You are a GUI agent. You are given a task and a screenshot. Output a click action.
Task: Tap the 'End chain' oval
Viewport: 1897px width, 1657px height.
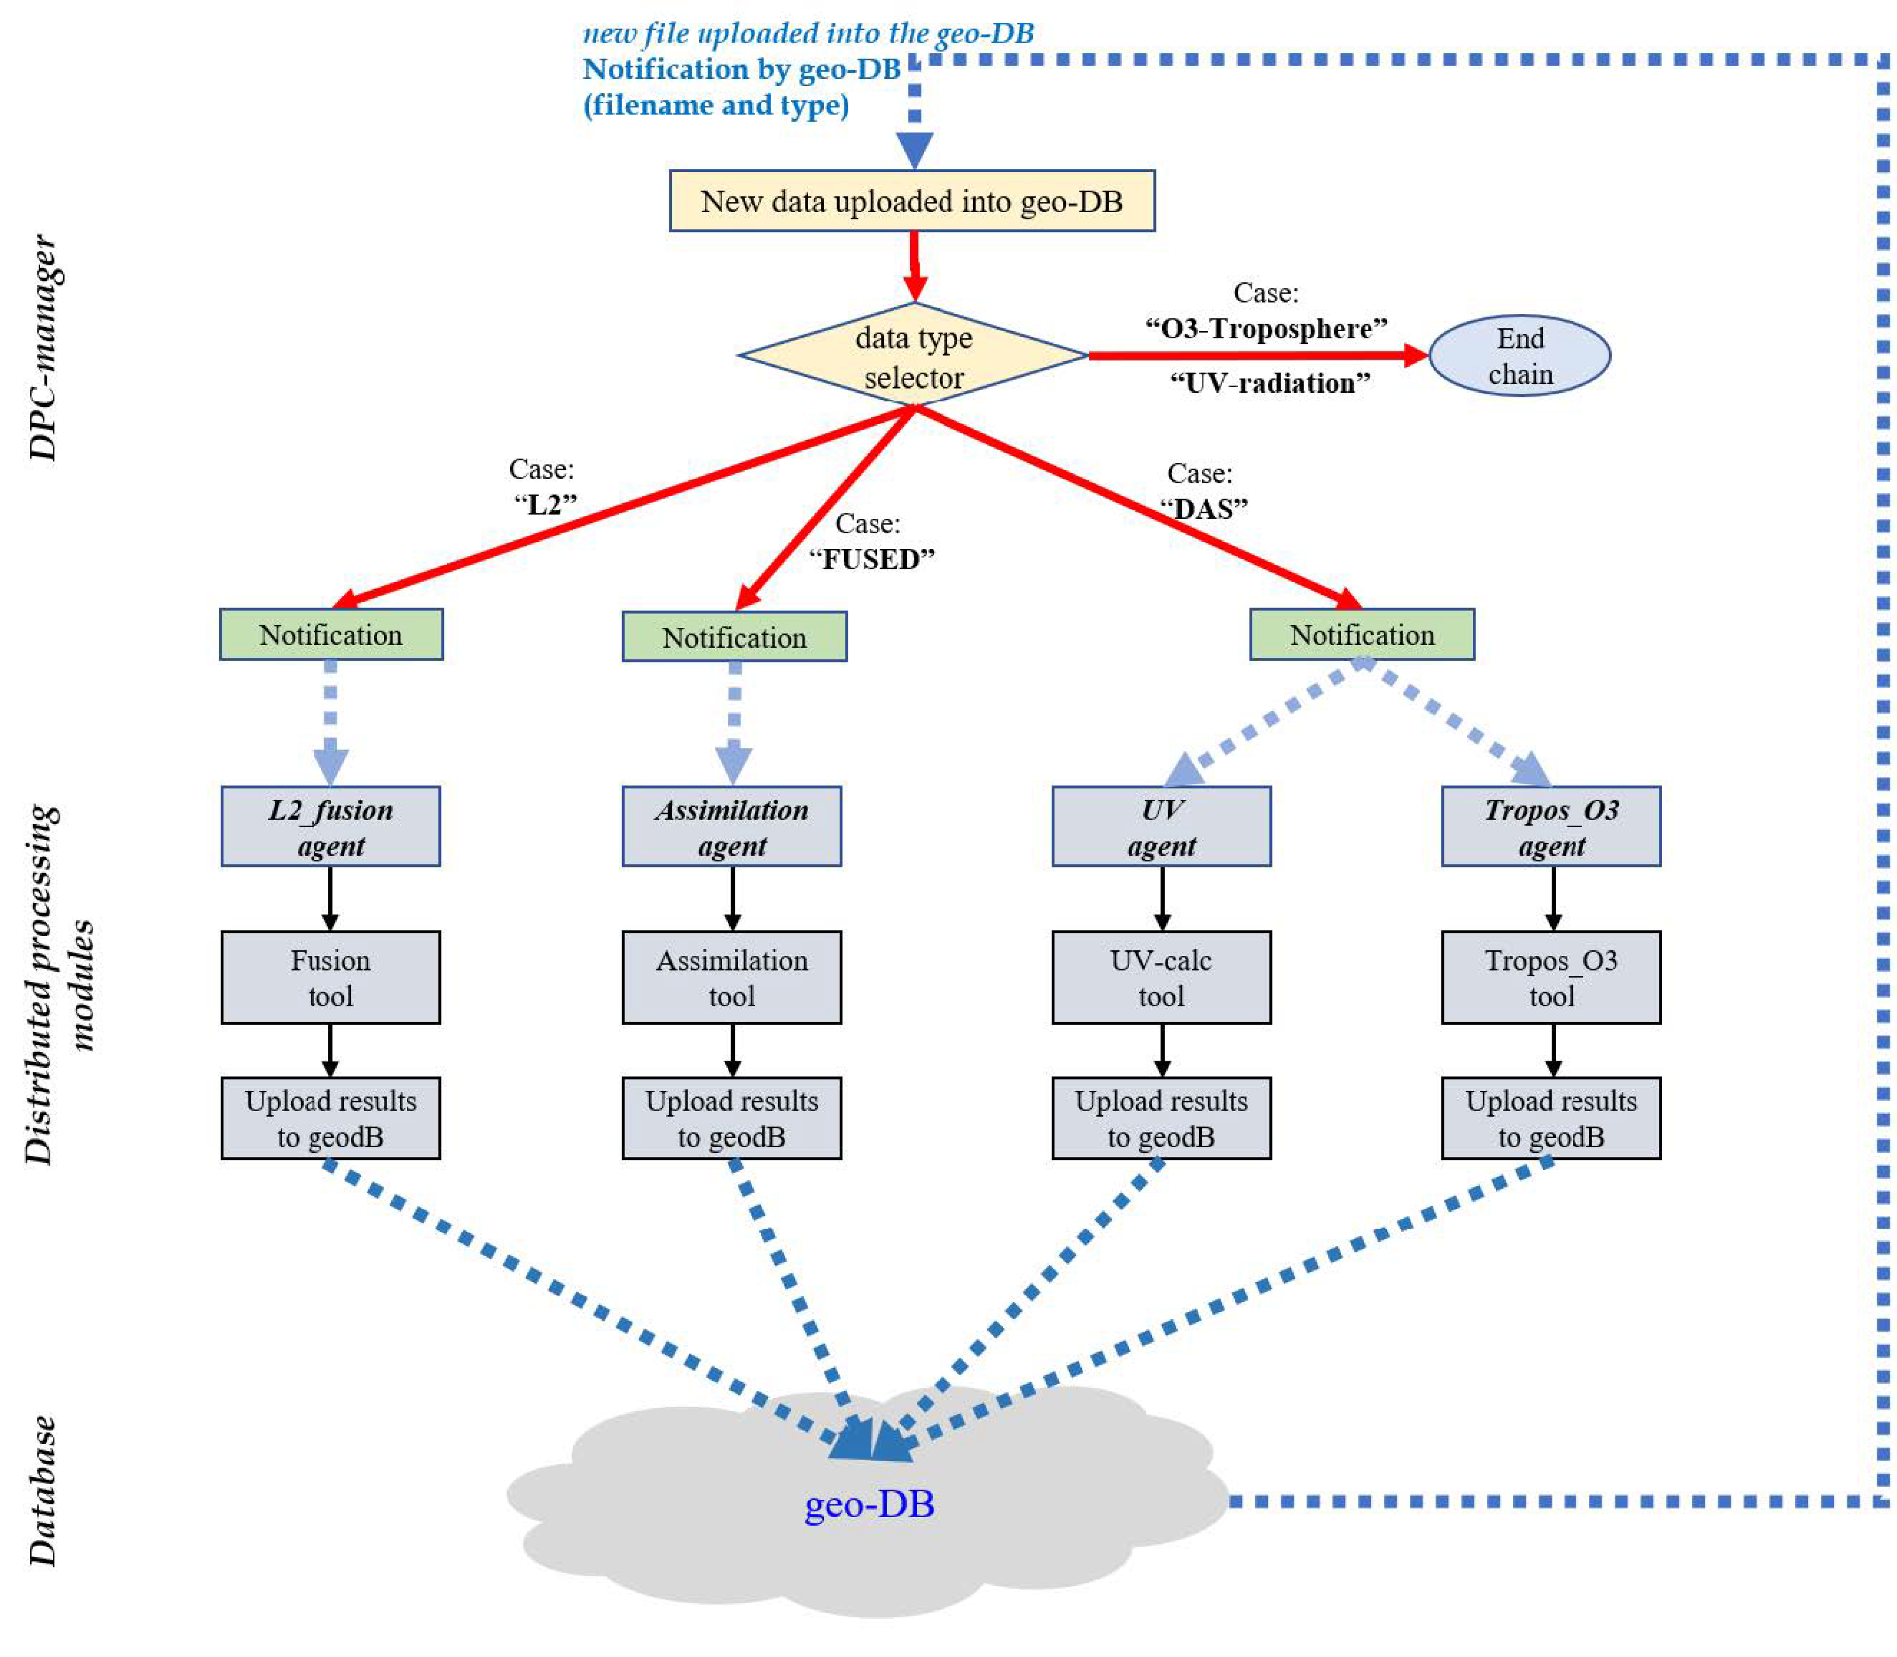(1519, 356)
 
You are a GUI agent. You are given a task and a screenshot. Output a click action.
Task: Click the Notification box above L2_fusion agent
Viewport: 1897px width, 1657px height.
(331, 634)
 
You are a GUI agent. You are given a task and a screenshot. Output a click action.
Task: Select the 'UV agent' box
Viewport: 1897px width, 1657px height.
(1161, 827)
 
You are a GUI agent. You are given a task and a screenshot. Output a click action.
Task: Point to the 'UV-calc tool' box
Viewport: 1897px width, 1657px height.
(1161, 977)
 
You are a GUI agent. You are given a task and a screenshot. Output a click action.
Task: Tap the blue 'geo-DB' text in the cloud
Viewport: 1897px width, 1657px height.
(869, 1504)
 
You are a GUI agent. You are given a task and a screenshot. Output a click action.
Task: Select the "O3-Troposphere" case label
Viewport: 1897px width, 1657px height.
(1265, 328)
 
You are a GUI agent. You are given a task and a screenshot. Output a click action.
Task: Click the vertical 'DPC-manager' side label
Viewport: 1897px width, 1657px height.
(43, 347)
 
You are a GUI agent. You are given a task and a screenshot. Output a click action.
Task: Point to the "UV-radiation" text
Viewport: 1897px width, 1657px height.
(1269, 383)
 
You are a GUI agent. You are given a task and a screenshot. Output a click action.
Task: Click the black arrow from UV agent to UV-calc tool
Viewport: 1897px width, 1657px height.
(1162, 897)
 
